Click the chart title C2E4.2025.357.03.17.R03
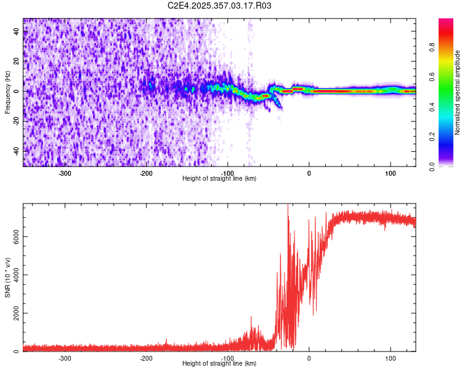[220, 6]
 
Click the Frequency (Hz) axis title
[7, 92]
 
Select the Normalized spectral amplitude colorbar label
[457, 92]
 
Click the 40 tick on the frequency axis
[17, 32]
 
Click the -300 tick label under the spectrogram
[65, 173]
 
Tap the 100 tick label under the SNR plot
[390, 358]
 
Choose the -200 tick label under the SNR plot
[147, 358]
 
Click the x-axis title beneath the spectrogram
[219, 179]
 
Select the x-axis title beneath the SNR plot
[219, 364]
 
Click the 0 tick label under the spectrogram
[309, 173]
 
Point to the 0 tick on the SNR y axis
[17, 351]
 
